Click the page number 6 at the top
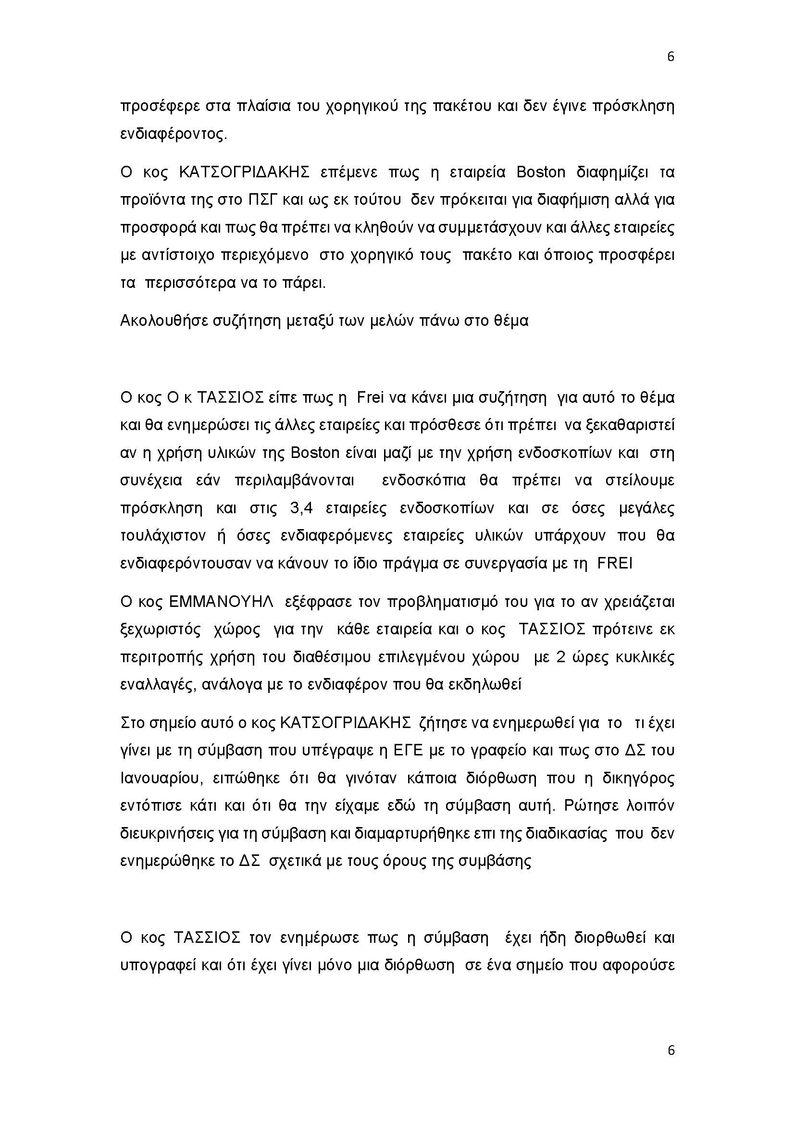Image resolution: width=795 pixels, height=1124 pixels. coord(671,57)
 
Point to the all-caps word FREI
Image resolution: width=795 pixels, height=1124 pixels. coord(615,564)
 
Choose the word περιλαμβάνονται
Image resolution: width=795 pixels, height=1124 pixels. coord(294,481)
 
